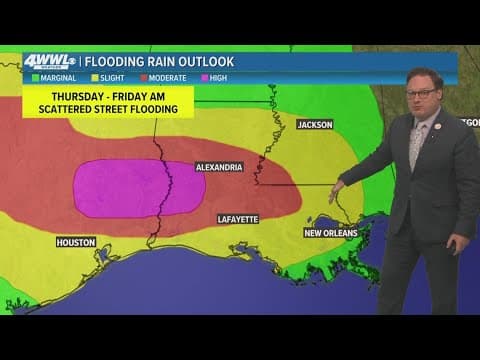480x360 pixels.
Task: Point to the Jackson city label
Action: pyautogui.click(x=314, y=124)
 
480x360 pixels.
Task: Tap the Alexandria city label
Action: pyautogui.click(x=218, y=168)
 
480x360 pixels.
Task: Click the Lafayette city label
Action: pyautogui.click(x=238, y=218)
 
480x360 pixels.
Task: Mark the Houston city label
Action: pyautogui.click(x=76, y=242)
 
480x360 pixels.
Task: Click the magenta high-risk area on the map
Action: pyautogui.click(x=135, y=188)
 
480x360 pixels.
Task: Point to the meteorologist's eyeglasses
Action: pyautogui.click(x=421, y=94)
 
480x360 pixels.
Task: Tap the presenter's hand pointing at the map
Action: pyautogui.click(x=337, y=188)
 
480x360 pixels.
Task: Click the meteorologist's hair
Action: pyautogui.click(x=424, y=74)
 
